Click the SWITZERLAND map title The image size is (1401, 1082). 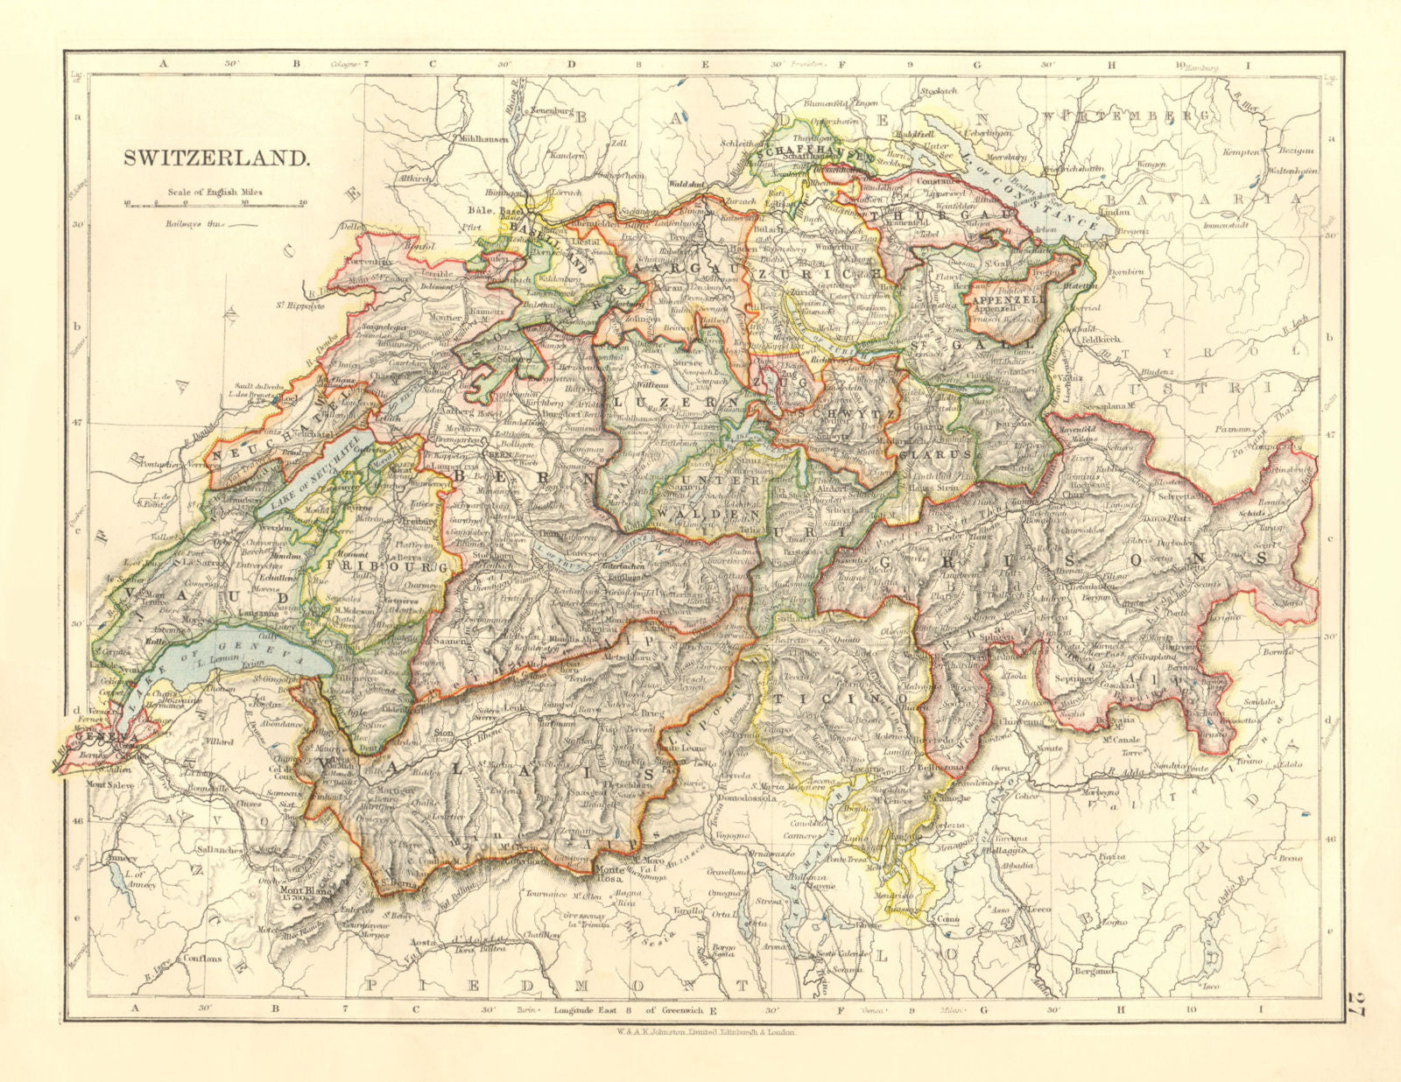pos(215,159)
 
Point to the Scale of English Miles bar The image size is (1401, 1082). pos(215,204)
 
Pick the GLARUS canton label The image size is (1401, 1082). pos(936,455)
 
